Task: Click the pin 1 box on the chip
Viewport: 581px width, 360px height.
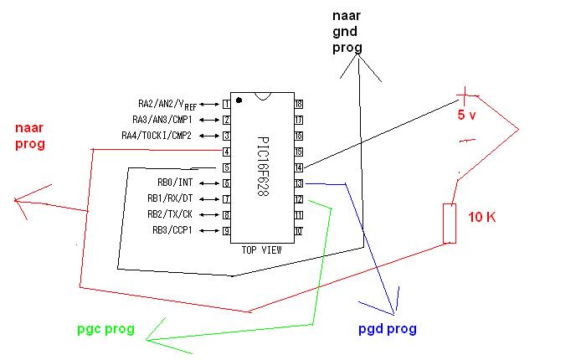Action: [226, 104]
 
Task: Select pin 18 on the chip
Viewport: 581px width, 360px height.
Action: [298, 104]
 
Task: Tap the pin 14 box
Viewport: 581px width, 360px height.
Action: [298, 167]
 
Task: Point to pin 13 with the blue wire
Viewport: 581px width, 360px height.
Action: [298, 183]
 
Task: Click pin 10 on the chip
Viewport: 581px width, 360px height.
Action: [298, 230]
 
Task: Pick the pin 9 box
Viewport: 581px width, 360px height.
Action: [226, 230]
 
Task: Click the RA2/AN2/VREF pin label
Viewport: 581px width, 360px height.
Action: [167, 105]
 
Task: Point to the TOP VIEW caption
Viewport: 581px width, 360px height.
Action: [261, 249]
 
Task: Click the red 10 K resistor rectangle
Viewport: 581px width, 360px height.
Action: [450, 224]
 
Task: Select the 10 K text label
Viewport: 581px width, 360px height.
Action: [482, 218]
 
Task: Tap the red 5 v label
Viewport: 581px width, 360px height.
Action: [466, 116]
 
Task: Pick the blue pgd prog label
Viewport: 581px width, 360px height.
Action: [388, 329]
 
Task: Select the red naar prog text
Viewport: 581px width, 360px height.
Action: [29, 136]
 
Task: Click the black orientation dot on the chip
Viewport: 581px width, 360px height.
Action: [239, 100]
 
